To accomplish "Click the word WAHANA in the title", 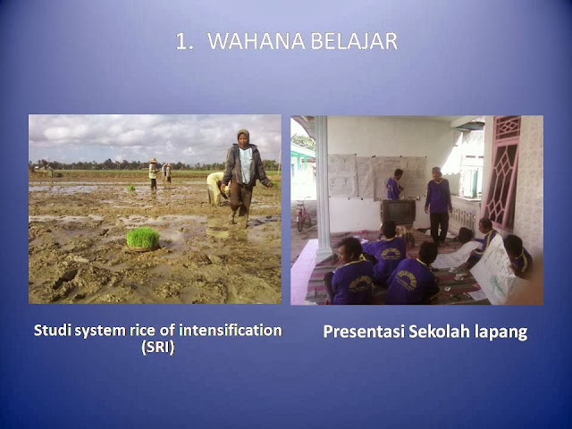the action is [x=257, y=41].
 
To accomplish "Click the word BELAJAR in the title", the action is [x=354, y=41].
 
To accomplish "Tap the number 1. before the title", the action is [x=184, y=41].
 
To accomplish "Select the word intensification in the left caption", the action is [x=231, y=330].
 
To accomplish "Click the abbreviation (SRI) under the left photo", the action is [x=158, y=347].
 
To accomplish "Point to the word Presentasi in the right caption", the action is [x=364, y=332].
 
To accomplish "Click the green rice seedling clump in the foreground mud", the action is [x=143, y=239].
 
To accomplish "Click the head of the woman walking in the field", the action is [x=243, y=137].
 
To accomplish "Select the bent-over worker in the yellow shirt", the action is [x=216, y=189].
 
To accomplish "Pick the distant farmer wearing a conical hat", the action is [x=153, y=173].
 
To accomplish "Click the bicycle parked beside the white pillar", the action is [x=303, y=215].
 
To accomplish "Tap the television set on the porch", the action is [x=398, y=212].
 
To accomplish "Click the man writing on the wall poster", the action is [x=394, y=184].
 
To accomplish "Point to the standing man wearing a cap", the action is [x=438, y=206].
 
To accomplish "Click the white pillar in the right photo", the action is [x=323, y=188].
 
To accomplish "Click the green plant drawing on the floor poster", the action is [x=498, y=284].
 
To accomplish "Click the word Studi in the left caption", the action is [x=52, y=330].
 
